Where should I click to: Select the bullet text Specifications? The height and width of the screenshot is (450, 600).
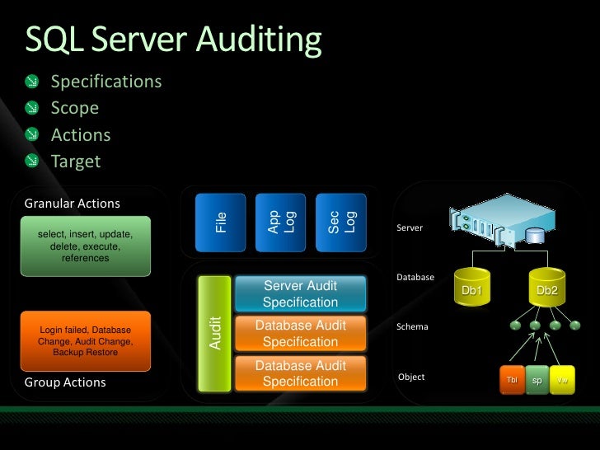(x=106, y=82)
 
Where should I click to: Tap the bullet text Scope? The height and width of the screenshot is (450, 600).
(x=75, y=108)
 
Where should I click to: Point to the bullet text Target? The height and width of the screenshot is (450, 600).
(x=76, y=161)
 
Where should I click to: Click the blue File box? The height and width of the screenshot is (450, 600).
(x=220, y=222)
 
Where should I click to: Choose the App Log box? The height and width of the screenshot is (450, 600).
(x=280, y=222)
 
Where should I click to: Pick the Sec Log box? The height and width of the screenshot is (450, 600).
(x=341, y=222)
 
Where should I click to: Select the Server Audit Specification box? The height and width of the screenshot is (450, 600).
(x=300, y=294)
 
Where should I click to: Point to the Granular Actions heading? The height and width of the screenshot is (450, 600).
(x=73, y=203)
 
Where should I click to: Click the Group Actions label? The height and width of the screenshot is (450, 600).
(x=65, y=382)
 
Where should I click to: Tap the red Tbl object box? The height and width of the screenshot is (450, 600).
(x=511, y=380)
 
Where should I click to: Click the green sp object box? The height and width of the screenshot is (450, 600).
(x=537, y=380)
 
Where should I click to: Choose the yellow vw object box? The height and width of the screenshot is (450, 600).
(x=562, y=380)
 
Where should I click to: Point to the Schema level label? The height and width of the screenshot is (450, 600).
(x=412, y=326)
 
